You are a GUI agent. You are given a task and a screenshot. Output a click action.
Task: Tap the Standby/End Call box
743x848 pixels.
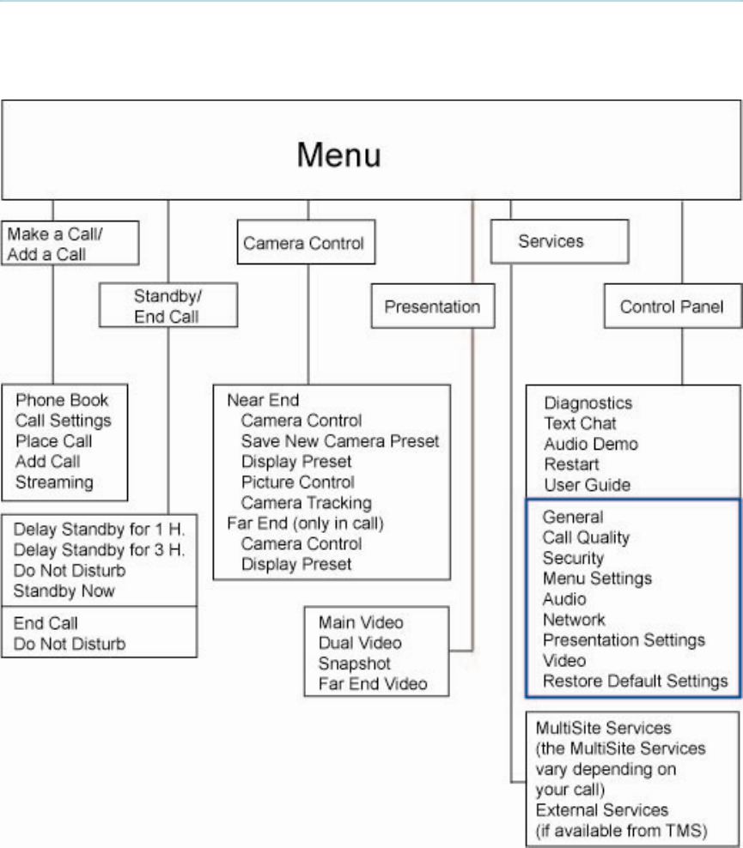coord(155,306)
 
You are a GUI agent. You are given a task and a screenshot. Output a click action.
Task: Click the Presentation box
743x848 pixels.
coord(426,306)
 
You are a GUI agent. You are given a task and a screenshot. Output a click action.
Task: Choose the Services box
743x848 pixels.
coord(551,242)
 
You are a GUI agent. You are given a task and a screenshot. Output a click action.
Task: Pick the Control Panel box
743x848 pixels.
coord(672,306)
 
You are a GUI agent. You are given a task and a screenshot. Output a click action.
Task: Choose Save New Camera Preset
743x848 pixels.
coord(339,441)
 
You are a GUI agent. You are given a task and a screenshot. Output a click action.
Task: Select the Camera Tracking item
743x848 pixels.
coord(306,503)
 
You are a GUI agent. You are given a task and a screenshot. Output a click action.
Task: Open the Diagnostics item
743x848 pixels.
coord(588,403)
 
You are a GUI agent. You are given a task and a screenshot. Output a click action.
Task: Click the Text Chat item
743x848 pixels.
coord(580,423)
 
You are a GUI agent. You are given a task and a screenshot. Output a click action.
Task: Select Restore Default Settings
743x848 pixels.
coord(635,681)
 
